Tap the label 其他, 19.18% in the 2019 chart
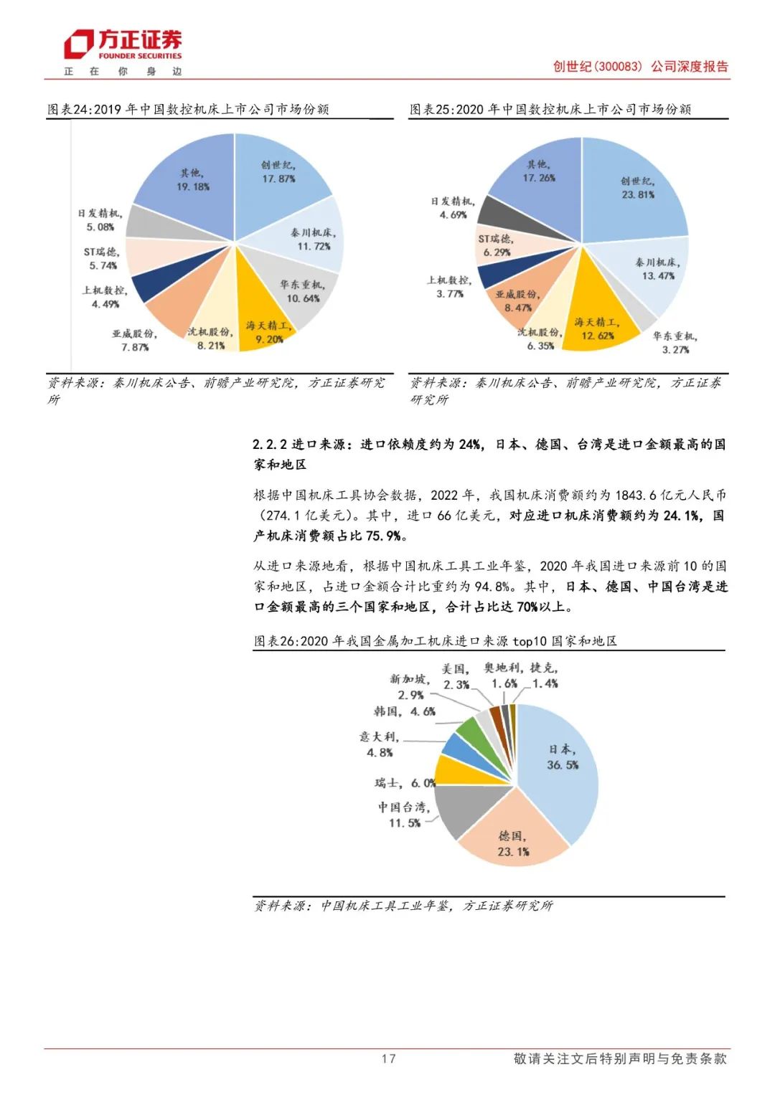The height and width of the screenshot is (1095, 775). [x=192, y=180]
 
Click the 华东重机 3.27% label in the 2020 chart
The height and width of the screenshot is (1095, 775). [x=675, y=343]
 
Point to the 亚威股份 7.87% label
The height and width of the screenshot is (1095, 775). [x=134, y=341]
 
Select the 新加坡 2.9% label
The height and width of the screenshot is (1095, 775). [x=410, y=687]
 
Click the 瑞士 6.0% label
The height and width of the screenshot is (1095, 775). [x=405, y=783]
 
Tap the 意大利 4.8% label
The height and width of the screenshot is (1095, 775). [x=379, y=744]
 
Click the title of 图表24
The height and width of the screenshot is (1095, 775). [x=188, y=109]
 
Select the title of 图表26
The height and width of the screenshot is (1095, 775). [x=436, y=641]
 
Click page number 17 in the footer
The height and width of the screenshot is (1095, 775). [x=388, y=1058]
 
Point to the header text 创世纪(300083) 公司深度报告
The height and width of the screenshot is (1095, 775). [x=640, y=67]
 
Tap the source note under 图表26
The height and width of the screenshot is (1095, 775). [x=403, y=906]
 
